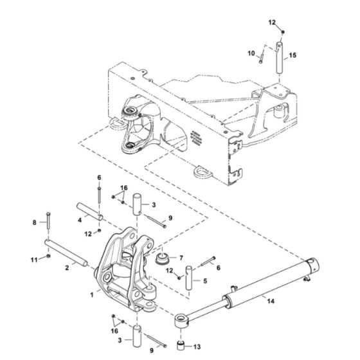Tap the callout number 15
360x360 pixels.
pos(292,56)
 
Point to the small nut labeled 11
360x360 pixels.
pos(50,258)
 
